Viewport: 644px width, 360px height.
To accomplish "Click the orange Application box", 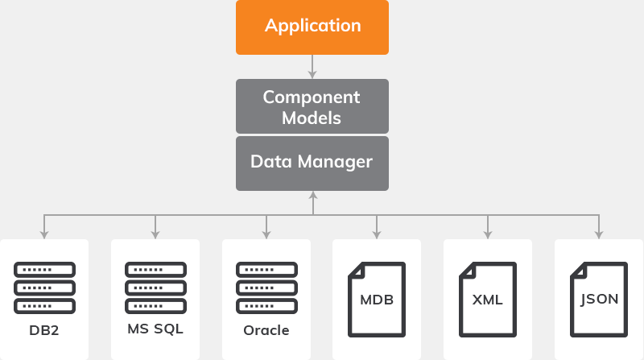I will pyautogui.click(x=312, y=26).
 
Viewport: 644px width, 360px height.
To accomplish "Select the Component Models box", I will pyautogui.click(x=312, y=106).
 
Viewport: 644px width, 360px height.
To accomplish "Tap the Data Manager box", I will pyautogui.click(x=312, y=163).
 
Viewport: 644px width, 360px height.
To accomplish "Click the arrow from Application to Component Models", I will pyautogui.click(x=312, y=65).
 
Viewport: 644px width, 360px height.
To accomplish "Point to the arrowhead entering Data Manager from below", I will pyautogui.click(x=312, y=195).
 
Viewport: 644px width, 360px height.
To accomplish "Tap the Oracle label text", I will pyautogui.click(x=266, y=329).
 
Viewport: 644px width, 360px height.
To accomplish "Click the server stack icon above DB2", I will pyautogui.click(x=44, y=288).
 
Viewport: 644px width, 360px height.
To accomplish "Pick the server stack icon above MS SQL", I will pyautogui.click(x=155, y=288).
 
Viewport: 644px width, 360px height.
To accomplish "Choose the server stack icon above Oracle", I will pyautogui.click(x=266, y=288).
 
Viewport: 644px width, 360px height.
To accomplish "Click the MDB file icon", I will pyautogui.click(x=377, y=299).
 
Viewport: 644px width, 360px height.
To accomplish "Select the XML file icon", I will pyautogui.click(x=487, y=299).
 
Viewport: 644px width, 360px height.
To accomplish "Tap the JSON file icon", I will pyautogui.click(x=598, y=299).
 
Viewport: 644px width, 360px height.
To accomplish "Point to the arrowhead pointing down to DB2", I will pyautogui.click(x=44, y=234).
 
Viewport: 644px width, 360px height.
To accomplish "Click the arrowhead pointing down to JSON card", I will pyautogui.click(x=598, y=234).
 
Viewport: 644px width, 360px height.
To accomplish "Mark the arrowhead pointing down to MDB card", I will pyautogui.click(x=377, y=234).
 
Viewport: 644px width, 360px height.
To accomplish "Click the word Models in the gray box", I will pyautogui.click(x=312, y=118).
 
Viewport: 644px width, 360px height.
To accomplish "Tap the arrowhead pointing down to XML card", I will pyautogui.click(x=487, y=234).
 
